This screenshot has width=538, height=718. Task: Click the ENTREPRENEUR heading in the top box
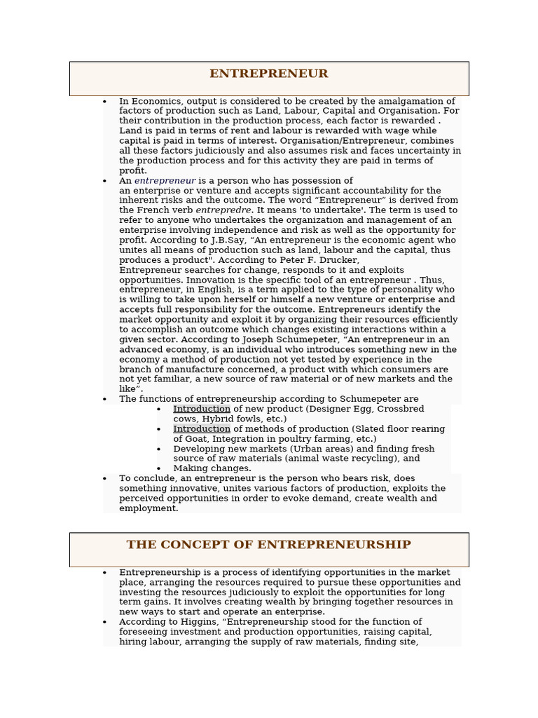pos(268,74)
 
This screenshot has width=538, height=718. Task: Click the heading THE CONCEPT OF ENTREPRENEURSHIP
pos(268,545)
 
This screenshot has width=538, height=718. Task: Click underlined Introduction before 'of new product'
pos(202,409)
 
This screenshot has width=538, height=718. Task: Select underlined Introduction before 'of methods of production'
pos(202,428)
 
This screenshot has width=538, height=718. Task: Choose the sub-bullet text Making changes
pos(212,468)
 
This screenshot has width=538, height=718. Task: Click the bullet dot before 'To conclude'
pos(104,479)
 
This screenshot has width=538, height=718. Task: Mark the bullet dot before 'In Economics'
pos(104,102)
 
